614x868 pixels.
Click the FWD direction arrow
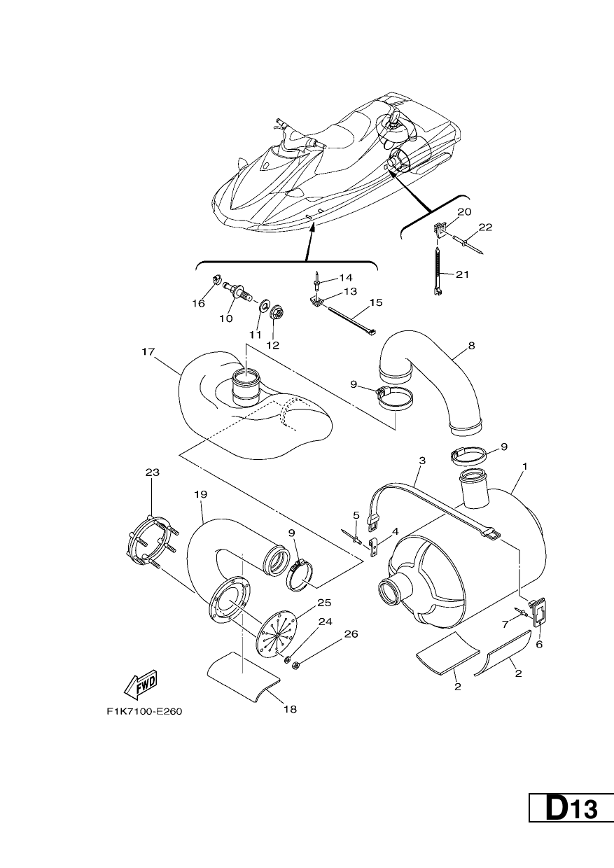141,685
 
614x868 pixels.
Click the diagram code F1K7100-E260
144,712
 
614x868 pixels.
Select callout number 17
148,351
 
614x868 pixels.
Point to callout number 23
153,472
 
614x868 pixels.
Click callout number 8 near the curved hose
471,345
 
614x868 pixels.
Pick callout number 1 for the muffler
525,466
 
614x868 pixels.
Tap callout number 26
351,634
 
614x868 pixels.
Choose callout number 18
290,709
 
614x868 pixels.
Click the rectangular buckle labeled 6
538,615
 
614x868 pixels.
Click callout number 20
464,211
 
